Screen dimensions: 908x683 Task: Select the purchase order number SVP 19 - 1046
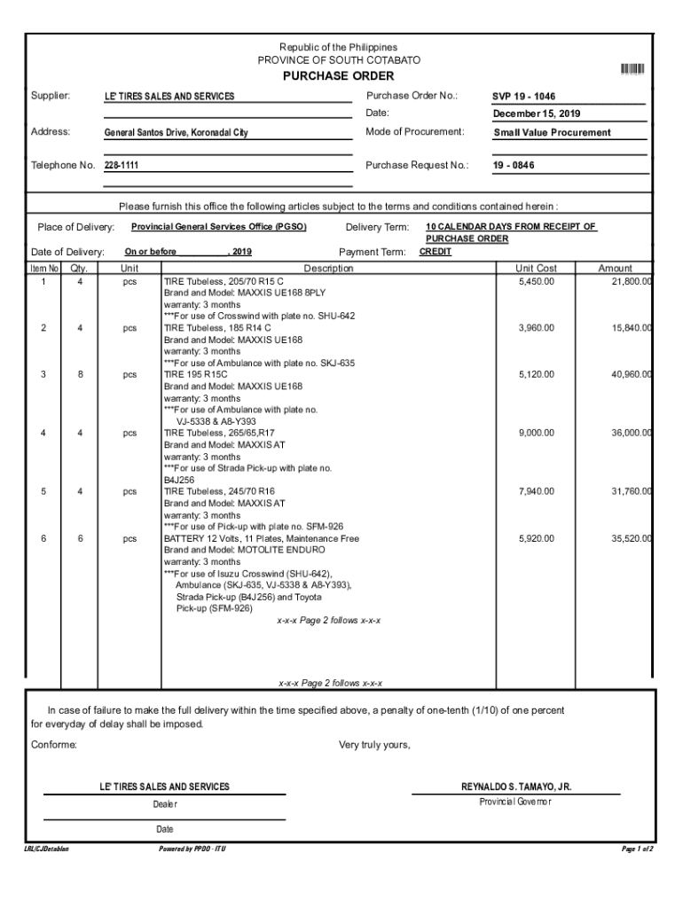525,97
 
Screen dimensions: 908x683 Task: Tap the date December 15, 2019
538,114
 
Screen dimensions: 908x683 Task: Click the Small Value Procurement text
552,133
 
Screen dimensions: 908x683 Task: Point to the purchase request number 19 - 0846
514,166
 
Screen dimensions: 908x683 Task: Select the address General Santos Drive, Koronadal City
177,133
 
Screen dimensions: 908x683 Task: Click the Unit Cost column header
536,268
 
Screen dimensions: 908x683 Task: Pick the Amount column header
615,268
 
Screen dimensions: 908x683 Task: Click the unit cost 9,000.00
537,433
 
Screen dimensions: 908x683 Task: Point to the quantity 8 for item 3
81,374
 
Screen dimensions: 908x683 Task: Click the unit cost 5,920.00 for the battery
537,538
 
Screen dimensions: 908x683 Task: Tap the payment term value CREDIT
435,252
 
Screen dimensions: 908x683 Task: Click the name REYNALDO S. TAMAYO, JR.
516,787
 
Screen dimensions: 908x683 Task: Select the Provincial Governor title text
515,802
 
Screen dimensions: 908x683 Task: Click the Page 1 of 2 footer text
638,849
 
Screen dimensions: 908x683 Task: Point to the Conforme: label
54,745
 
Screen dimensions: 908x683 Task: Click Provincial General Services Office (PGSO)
213,227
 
